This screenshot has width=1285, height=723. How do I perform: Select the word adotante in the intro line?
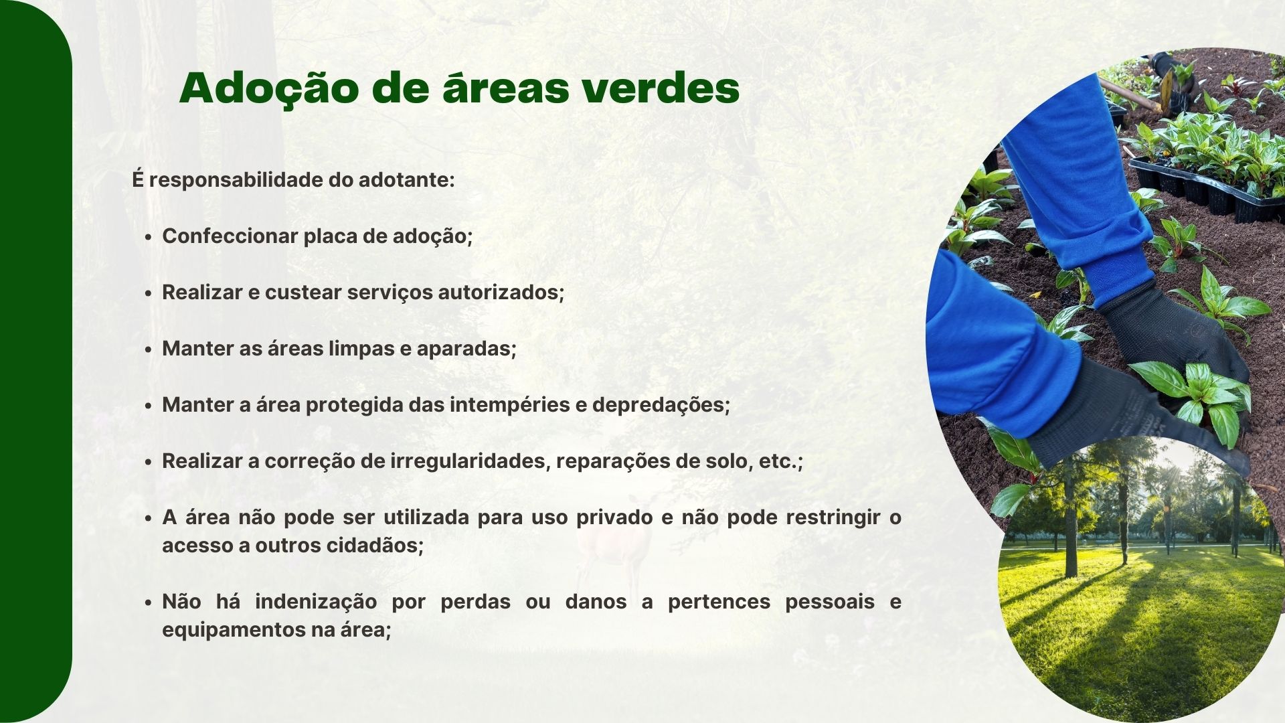(407, 180)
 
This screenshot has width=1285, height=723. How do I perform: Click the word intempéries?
(504, 406)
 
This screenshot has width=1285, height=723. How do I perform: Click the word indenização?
(316, 602)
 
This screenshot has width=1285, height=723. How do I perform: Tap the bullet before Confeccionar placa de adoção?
(148, 238)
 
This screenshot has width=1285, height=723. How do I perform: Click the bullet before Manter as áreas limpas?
(148, 350)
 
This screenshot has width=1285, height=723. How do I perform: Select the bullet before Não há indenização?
(148, 603)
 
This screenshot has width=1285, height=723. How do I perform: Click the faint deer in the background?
(612, 542)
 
